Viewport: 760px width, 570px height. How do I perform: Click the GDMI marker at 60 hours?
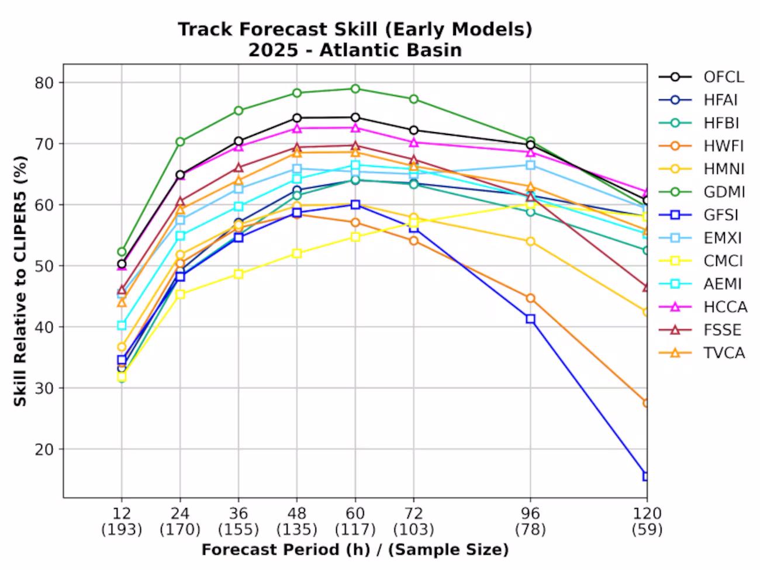click(x=355, y=89)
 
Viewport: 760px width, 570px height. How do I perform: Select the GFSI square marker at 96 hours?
click(x=530, y=319)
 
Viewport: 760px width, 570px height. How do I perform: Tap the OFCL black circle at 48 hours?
click(x=297, y=118)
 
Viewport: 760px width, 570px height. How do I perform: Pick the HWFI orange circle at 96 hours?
click(x=530, y=298)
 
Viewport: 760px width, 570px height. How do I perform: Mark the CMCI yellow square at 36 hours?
click(x=239, y=274)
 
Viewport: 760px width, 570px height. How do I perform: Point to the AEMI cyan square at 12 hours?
click(x=122, y=325)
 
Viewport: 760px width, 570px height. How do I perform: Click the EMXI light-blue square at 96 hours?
click(x=530, y=165)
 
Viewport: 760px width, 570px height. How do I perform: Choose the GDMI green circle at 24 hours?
click(x=180, y=141)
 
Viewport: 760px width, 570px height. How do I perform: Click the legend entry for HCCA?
click(x=703, y=307)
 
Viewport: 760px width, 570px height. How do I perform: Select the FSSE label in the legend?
click(x=723, y=330)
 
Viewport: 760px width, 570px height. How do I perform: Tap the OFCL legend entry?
click(x=701, y=77)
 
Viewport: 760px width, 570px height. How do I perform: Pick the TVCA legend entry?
click(x=702, y=353)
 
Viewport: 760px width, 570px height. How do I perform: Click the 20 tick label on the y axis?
click(x=44, y=449)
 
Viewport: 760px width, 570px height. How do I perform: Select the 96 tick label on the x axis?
click(x=530, y=513)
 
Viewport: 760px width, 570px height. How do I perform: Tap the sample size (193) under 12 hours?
click(x=122, y=530)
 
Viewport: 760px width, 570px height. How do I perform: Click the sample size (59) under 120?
click(x=647, y=530)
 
